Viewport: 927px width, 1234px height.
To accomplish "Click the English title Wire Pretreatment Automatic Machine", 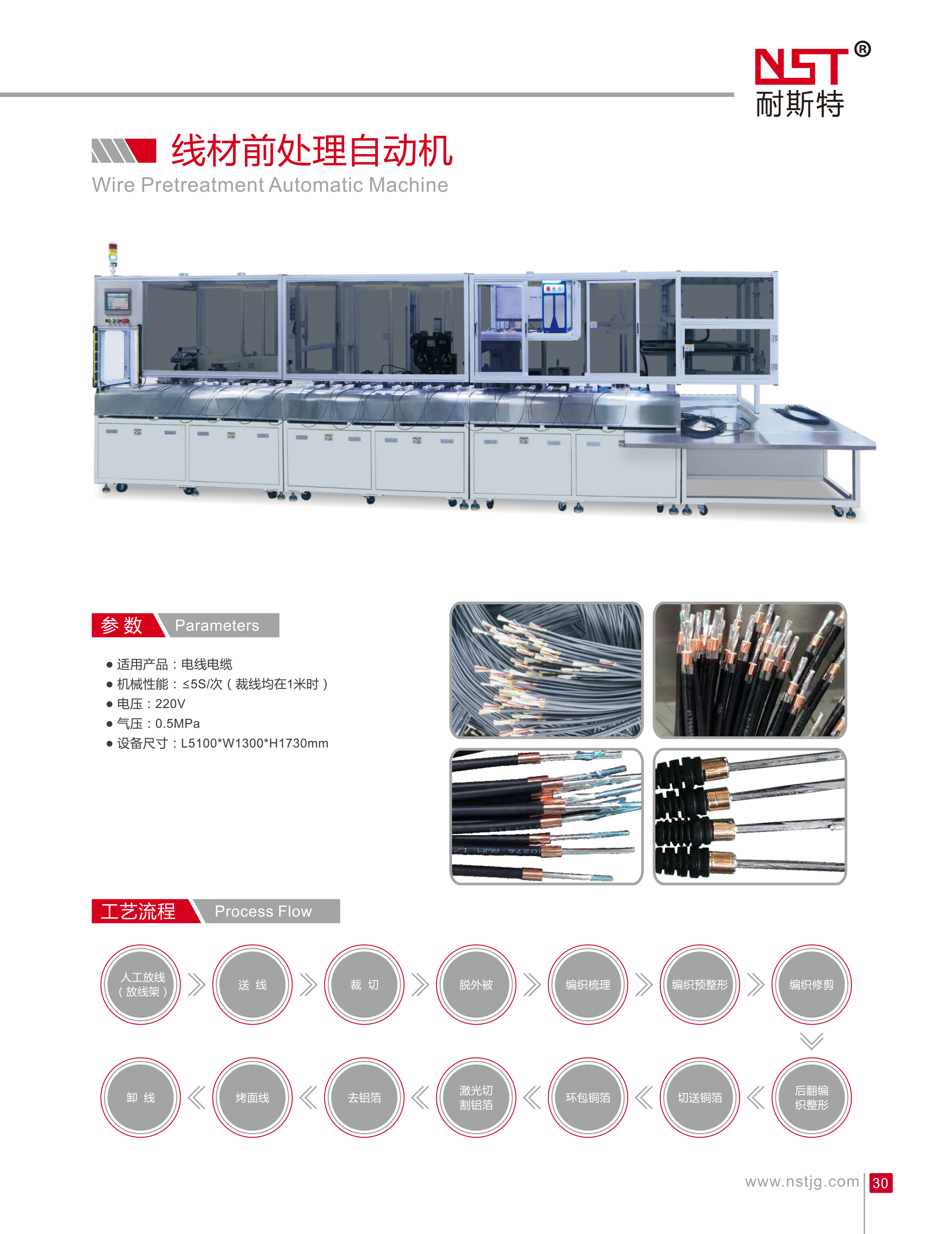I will [x=270, y=185].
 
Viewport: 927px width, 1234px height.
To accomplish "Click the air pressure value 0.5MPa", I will [x=178, y=724].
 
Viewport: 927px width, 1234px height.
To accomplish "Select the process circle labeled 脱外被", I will [x=476, y=985].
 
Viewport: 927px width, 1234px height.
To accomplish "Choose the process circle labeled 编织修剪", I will [x=811, y=985].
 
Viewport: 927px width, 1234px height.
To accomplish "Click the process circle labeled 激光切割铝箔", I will [x=476, y=1097].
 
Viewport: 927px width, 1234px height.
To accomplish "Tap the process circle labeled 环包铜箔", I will [x=588, y=1097].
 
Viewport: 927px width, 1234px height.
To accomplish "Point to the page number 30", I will [x=880, y=1183].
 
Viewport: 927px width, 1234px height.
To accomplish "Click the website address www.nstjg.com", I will [x=801, y=1182].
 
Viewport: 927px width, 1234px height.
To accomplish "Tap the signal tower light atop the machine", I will [x=113, y=254].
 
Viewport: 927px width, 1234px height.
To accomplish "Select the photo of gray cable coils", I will [x=546, y=670].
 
